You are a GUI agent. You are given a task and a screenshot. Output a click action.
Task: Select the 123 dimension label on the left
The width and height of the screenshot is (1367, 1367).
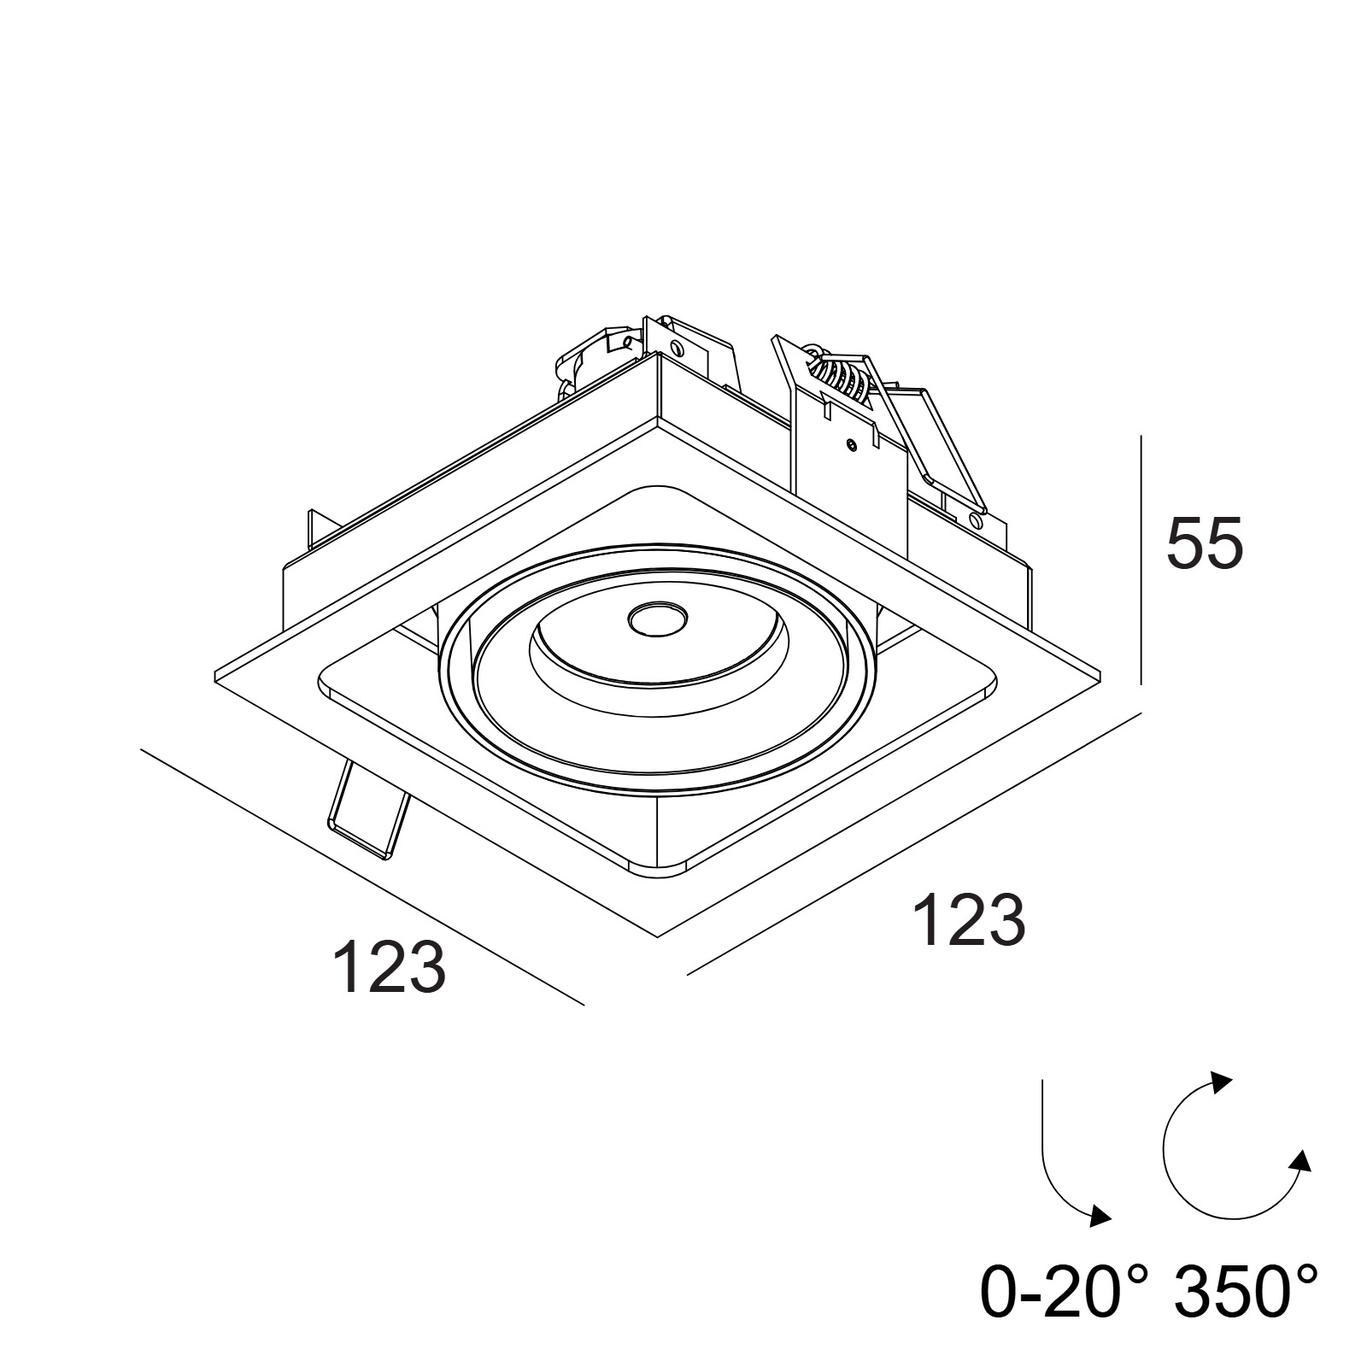click(389, 967)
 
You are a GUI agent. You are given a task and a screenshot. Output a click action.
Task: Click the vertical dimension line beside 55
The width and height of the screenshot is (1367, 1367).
click(1141, 560)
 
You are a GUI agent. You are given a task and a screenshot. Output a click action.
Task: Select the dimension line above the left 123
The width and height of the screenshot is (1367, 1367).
click(362, 877)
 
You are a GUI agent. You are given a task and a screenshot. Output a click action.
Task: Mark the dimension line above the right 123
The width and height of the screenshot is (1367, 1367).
click(915, 843)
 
